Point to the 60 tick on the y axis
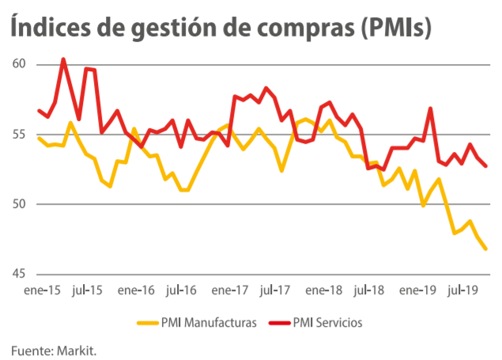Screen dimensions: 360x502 (20, 64)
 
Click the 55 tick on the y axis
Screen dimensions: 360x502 (20, 135)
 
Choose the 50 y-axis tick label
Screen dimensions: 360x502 (20, 204)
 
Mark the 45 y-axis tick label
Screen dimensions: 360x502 (20, 274)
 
